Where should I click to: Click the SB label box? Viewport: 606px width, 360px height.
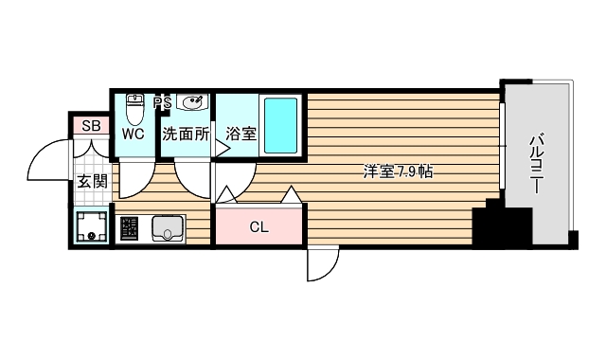91,126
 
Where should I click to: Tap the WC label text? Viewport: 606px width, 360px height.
133,134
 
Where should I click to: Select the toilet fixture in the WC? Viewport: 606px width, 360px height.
134,108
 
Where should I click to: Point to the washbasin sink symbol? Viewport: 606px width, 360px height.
192,103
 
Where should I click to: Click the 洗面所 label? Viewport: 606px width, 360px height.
186,134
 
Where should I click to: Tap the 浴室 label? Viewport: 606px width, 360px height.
241,134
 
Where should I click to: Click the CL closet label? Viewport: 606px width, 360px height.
258,226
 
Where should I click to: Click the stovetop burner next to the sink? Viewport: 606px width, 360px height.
130,228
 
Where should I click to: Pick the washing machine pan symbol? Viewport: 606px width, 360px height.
91,226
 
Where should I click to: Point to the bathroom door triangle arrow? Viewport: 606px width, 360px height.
223,148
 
